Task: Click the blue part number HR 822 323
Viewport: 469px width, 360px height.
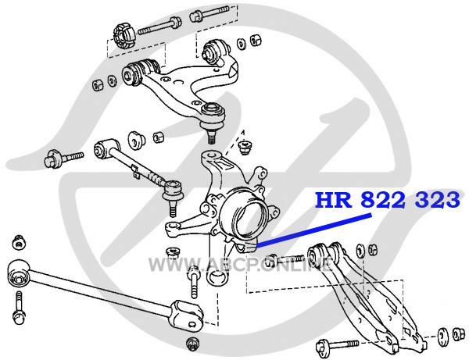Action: coord(388,200)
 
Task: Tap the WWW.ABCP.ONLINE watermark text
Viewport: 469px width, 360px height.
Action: coord(241,264)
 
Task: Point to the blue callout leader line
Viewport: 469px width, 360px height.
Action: coord(314,230)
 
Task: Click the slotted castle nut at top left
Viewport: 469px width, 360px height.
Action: coord(124,37)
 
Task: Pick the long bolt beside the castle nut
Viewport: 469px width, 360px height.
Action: coord(159,27)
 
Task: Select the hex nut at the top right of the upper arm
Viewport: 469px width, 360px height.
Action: coord(255,39)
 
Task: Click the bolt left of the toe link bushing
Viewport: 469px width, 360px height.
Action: coord(63,159)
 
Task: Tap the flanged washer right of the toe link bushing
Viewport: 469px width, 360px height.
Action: coord(136,140)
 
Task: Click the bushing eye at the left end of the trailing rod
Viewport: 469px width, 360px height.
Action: coord(18,275)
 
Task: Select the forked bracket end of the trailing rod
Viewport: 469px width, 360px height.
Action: coord(186,314)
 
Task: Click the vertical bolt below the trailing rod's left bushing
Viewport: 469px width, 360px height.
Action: coord(20,309)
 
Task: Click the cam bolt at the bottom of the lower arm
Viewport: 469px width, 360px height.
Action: coord(337,346)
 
